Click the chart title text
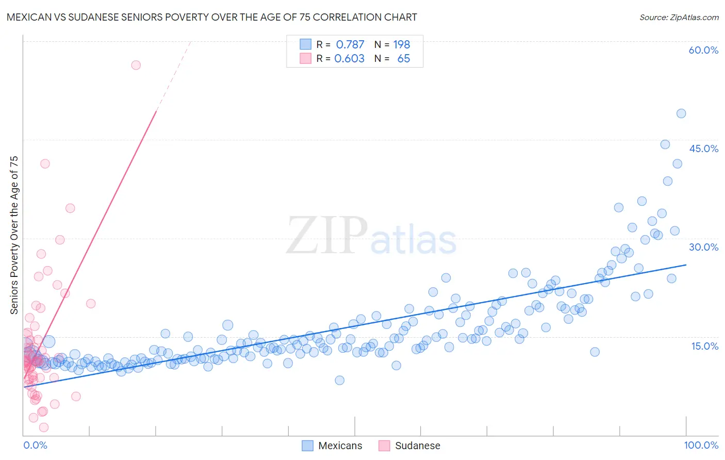[211, 17]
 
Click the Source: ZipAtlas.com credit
[679, 17]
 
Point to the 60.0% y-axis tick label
[703, 50]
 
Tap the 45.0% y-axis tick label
[703, 149]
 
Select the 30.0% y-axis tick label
[703, 247]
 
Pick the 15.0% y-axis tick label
[704, 346]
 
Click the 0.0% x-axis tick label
[35, 445]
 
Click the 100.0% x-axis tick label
[701, 445]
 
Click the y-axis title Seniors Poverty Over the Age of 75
[14, 235]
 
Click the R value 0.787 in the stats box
[350, 45]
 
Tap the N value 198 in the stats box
[401, 45]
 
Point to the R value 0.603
[349, 59]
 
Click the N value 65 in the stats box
[403, 59]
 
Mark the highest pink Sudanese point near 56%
[136, 65]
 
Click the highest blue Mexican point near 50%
[681, 113]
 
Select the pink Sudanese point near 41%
[45, 163]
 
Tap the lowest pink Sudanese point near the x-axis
[44, 428]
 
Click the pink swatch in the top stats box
[306, 58]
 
